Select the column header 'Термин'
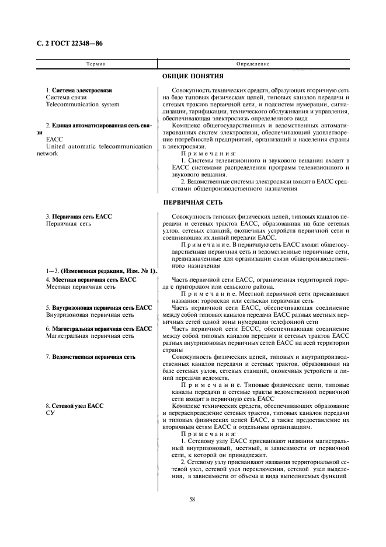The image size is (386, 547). click(96, 63)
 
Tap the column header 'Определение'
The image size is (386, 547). click(252, 63)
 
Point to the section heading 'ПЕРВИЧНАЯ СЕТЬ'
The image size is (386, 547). click(193, 203)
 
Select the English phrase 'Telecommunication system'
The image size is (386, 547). click(82, 105)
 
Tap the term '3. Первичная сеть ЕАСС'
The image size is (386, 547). click(78, 217)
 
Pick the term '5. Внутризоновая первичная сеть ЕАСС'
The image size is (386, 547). click(99, 307)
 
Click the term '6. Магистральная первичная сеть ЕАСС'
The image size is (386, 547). click(99, 329)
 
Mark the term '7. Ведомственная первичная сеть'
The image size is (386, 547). click(91, 356)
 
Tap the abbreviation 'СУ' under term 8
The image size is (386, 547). click(50, 413)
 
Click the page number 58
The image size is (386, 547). click(192, 498)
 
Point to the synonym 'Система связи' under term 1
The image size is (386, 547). click(66, 98)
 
